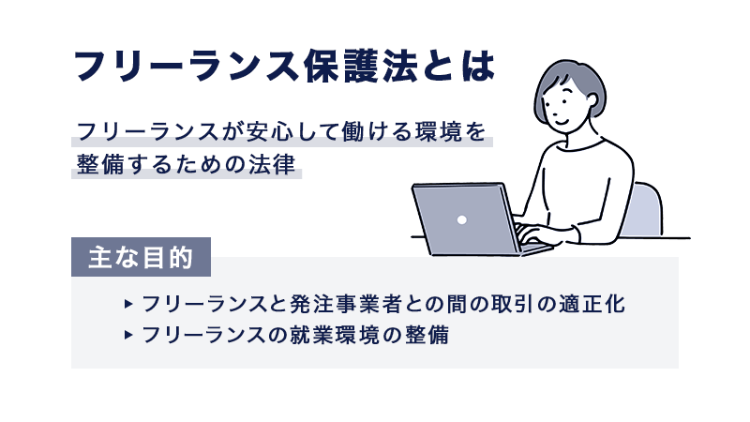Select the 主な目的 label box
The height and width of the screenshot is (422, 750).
(142, 257)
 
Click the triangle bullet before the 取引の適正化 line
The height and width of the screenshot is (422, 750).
(127, 304)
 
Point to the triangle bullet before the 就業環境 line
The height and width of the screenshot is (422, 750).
(127, 335)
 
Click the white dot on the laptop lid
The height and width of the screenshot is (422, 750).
(461, 219)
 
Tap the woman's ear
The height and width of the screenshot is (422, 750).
(592, 100)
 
